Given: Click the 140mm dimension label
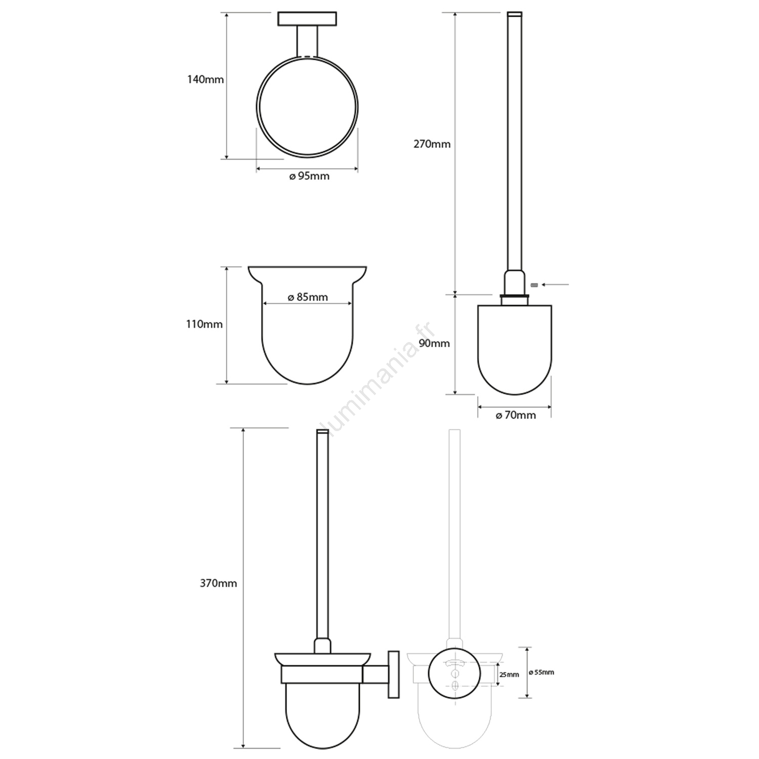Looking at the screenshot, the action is click(205, 79).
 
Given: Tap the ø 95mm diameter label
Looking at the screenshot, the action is click(309, 176).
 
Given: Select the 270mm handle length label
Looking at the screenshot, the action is click(432, 144).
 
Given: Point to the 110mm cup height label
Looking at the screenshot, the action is click(204, 324).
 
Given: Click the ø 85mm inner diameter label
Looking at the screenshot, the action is click(308, 297).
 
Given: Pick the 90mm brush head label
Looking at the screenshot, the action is click(435, 343).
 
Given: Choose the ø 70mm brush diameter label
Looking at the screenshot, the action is click(516, 415).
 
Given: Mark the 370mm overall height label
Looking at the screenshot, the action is click(218, 583).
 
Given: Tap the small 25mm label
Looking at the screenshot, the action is click(509, 674).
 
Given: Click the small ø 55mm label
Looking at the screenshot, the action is click(541, 672).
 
